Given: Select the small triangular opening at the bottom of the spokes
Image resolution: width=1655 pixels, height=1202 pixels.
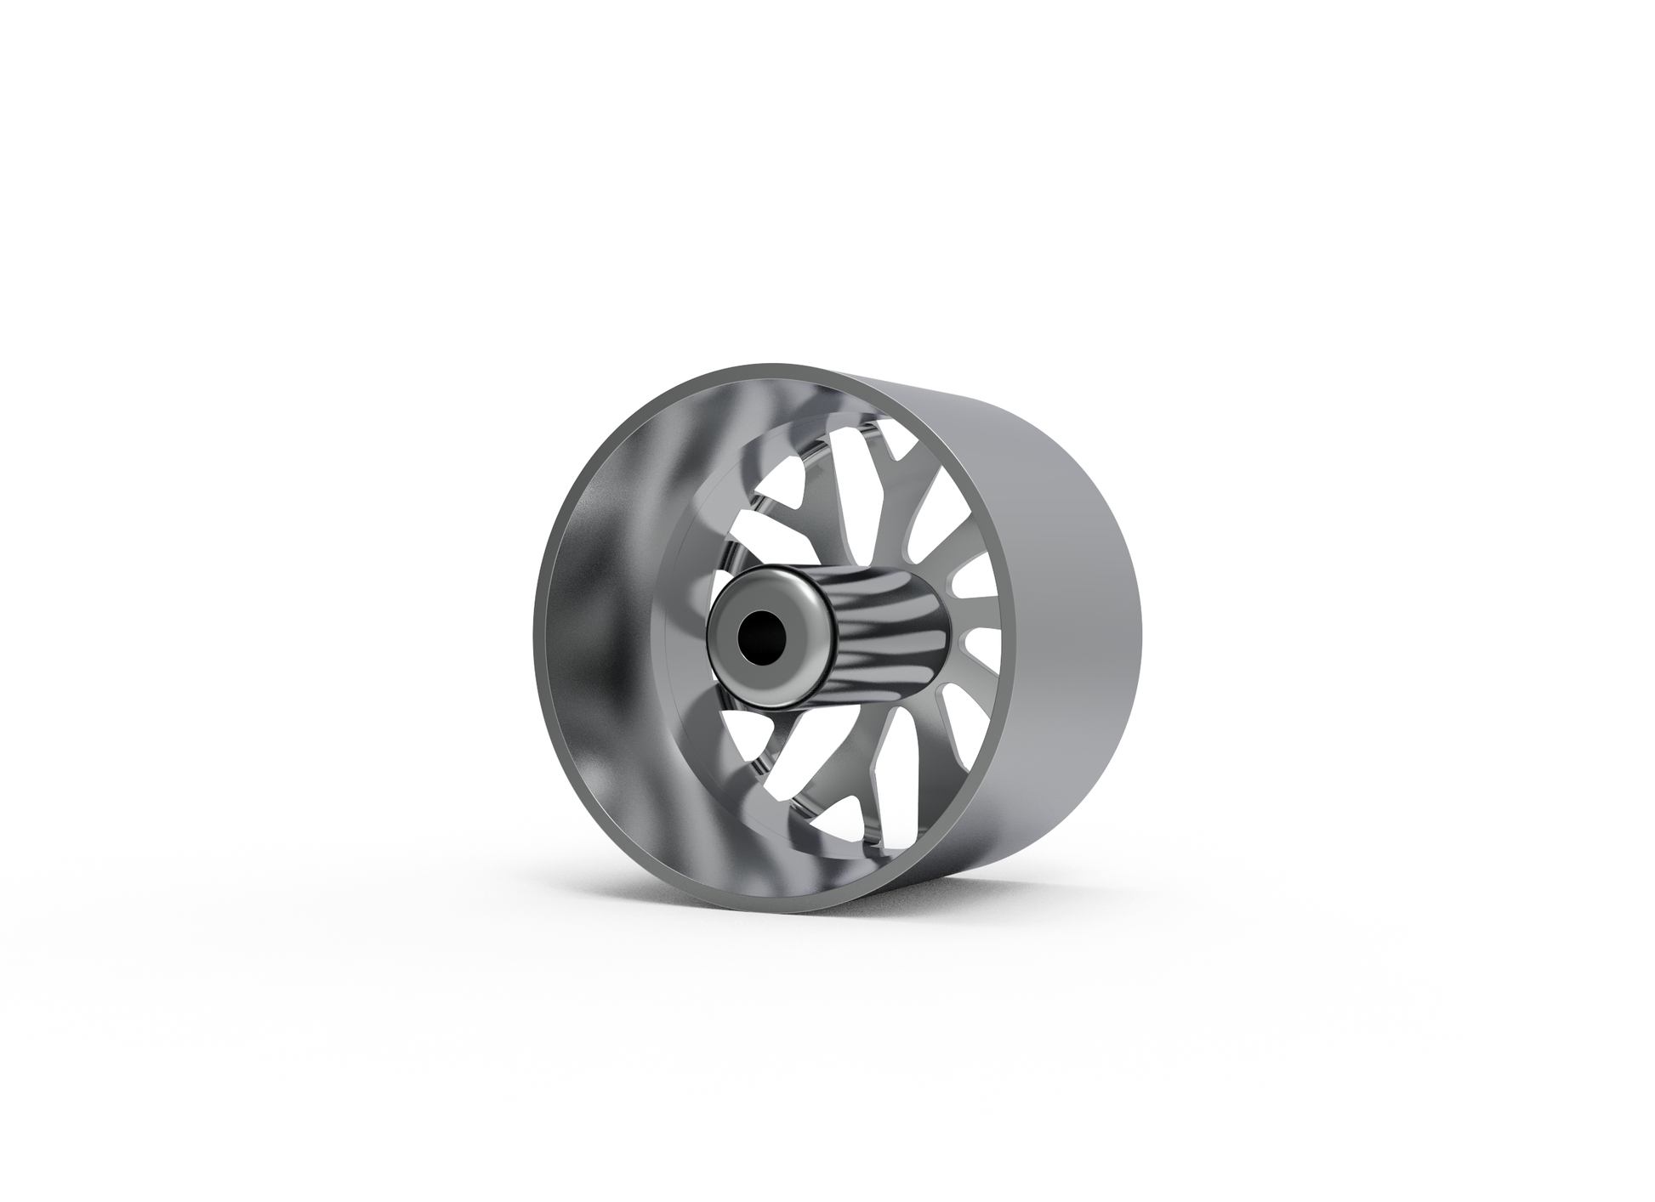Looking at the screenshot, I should point(850,816).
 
